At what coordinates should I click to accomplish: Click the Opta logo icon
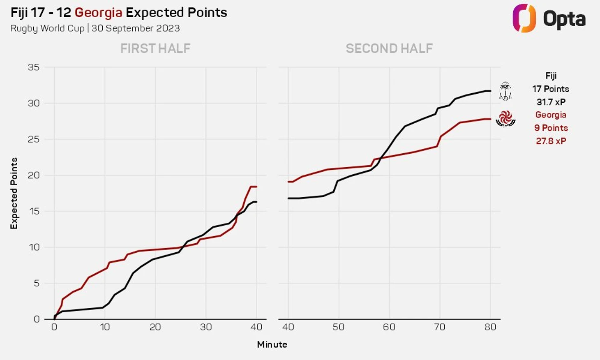(x=524, y=18)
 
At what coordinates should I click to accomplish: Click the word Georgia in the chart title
(x=98, y=13)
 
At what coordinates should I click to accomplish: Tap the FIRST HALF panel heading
(x=155, y=48)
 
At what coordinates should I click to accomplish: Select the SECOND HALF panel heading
(x=389, y=48)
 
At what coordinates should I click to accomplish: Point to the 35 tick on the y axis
(x=34, y=67)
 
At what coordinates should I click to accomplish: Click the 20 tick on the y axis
(x=34, y=175)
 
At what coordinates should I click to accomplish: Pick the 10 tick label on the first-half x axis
(x=104, y=327)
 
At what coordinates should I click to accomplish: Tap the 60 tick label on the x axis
(x=389, y=327)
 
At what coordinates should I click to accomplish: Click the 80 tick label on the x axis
(x=490, y=327)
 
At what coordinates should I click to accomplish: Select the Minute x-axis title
(x=272, y=344)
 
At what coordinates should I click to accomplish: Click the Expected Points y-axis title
(x=14, y=193)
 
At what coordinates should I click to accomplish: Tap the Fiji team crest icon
(x=505, y=91)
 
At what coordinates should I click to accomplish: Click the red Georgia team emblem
(x=505, y=119)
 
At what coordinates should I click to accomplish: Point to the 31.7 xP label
(x=551, y=102)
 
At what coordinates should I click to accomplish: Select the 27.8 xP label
(x=551, y=141)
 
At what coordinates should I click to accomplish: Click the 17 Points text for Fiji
(x=551, y=89)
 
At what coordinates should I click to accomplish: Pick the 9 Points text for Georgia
(x=551, y=128)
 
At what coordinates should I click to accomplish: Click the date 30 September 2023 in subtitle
(x=136, y=28)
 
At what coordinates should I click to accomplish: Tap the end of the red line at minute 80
(x=490, y=119)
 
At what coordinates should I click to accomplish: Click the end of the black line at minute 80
(x=490, y=91)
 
